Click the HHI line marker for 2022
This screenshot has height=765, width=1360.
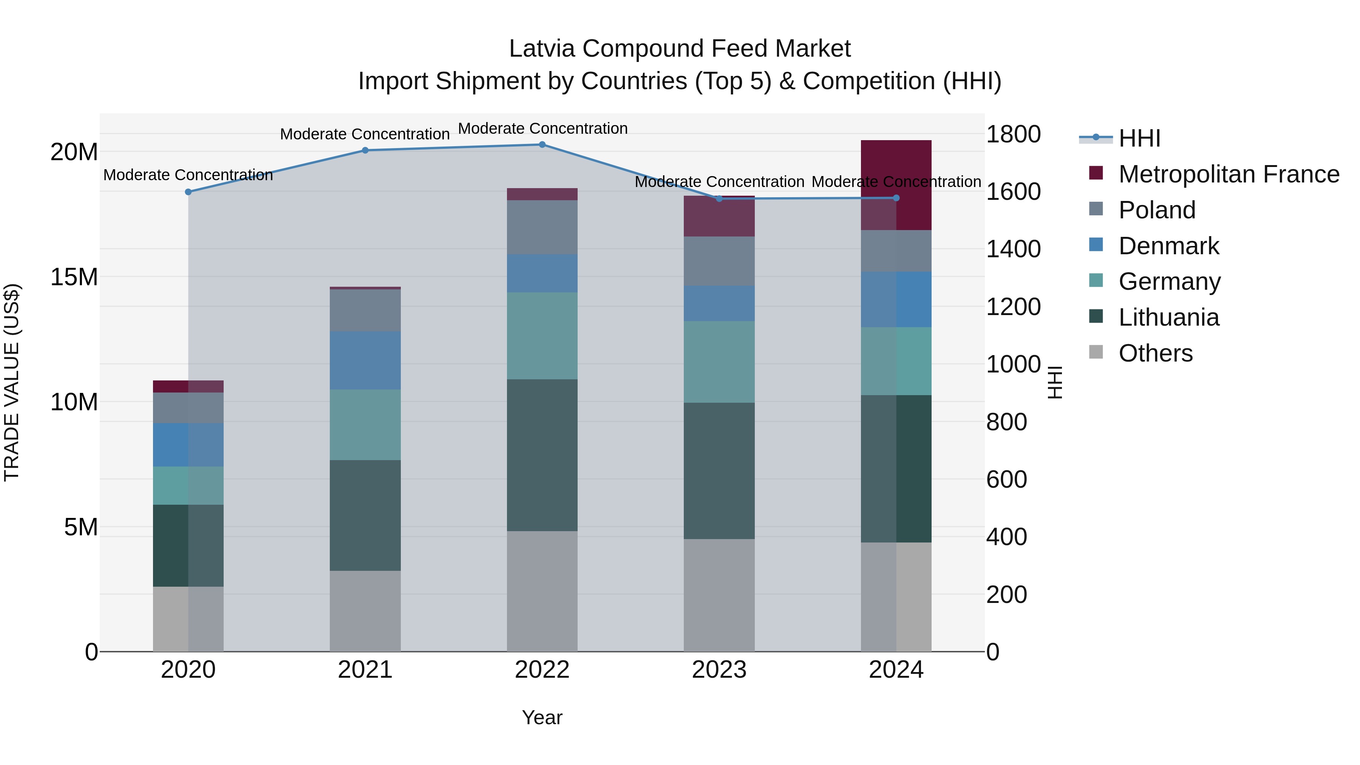pos(542,144)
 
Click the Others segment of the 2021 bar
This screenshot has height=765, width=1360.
pos(365,611)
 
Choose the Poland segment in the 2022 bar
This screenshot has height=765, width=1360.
pos(542,227)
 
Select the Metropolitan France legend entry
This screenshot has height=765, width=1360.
pos(1228,174)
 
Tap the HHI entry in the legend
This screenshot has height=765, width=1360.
pos(1139,138)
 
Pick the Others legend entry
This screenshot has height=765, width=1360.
pos(1155,353)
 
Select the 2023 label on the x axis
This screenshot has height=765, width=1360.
pos(719,670)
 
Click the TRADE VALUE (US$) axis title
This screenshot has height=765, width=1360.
pos(12,382)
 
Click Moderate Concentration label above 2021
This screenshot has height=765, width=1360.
pos(365,134)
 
